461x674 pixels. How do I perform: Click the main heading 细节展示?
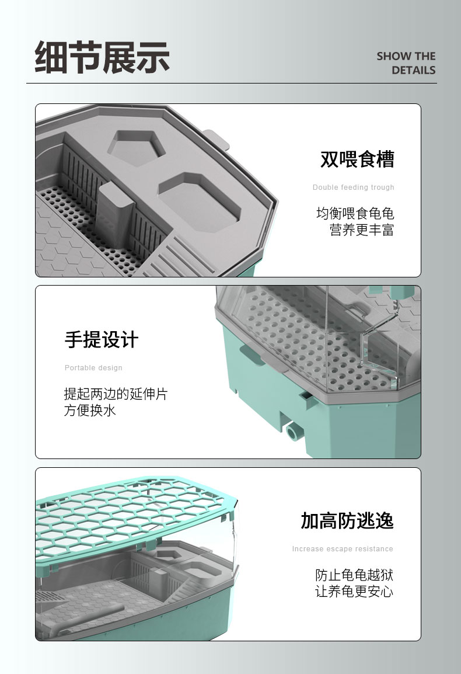pyautogui.click(x=102, y=57)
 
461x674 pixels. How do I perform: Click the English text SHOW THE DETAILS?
pyautogui.click(x=406, y=63)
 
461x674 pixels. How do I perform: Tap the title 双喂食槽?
pyautogui.click(x=357, y=159)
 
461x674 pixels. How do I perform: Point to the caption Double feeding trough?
pyautogui.click(x=353, y=187)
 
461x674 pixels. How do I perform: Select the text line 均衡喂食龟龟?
pyautogui.click(x=355, y=213)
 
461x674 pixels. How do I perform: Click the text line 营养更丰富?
pyautogui.click(x=362, y=230)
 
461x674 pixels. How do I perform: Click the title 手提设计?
pyautogui.click(x=102, y=339)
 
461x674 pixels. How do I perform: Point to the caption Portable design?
pyautogui.click(x=93, y=368)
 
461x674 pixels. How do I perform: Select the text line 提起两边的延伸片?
pyautogui.click(x=116, y=394)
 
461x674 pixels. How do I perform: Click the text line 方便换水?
pyautogui.click(x=90, y=411)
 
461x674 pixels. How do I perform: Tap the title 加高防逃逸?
pyautogui.click(x=347, y=520)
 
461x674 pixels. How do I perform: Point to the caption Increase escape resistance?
pyautogui.click(x=343, y=549)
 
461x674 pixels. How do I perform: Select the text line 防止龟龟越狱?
pyautogui.click(x=354, y=575)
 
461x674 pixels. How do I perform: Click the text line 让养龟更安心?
pyautogui.click(x=354, y=592)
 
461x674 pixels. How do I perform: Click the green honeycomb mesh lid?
pyautogui.click(x=133, y=521)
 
